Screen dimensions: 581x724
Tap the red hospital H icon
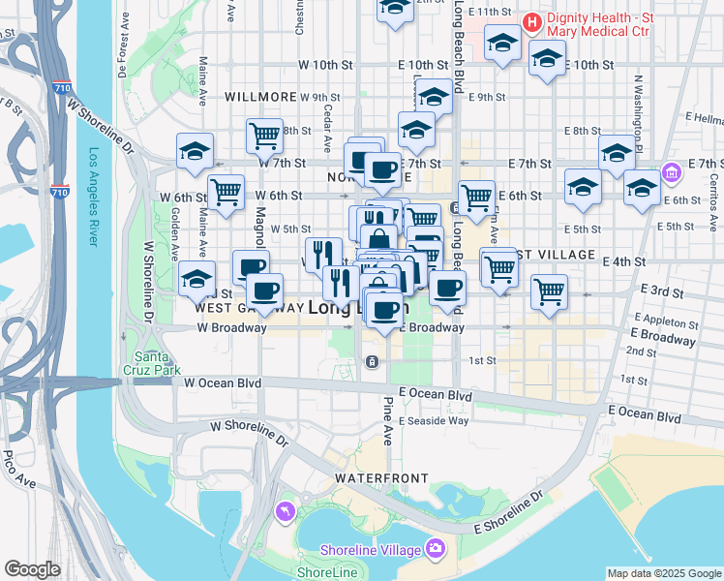pos(531,20)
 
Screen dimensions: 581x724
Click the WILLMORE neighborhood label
pos(259,97)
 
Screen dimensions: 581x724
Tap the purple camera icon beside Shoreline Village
pos(436,548)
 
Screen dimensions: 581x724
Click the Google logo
pos(32,569)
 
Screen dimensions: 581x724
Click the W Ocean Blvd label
pos(224,383)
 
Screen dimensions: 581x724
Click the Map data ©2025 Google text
pos(665,573)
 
